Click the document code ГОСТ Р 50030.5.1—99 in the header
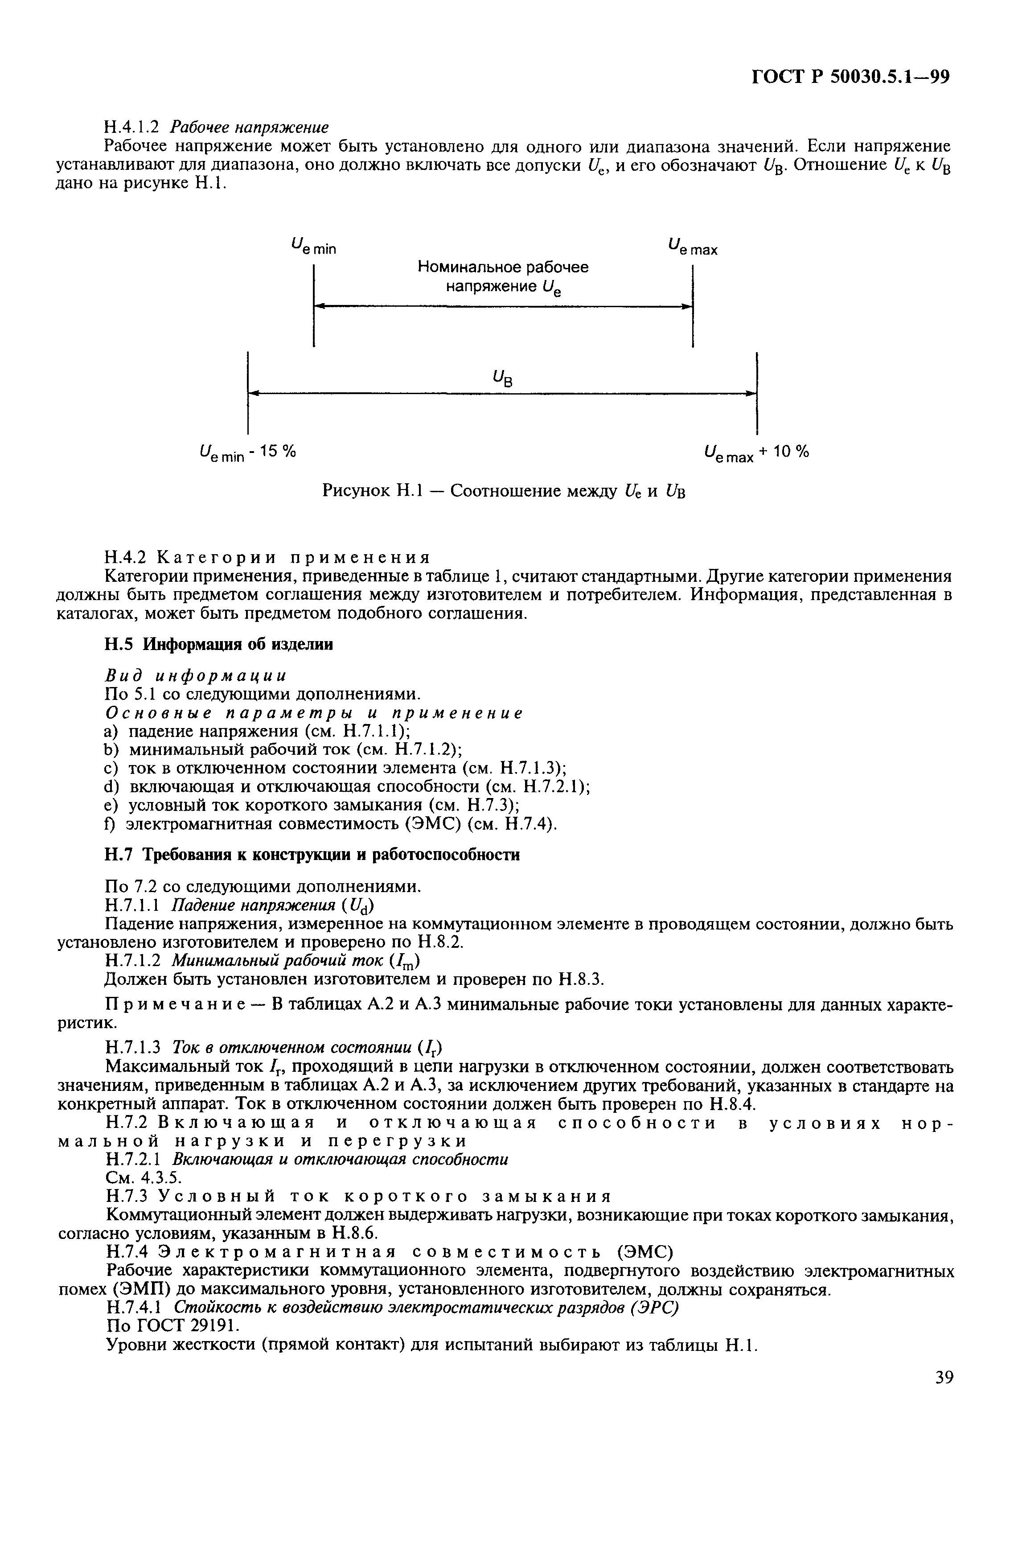coord(850,77)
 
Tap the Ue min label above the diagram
coord(314,247)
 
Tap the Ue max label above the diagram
coord(692,247)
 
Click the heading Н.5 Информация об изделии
coord(219,644)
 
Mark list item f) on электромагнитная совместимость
coord(331,824)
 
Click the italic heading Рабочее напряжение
coord(250,127)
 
